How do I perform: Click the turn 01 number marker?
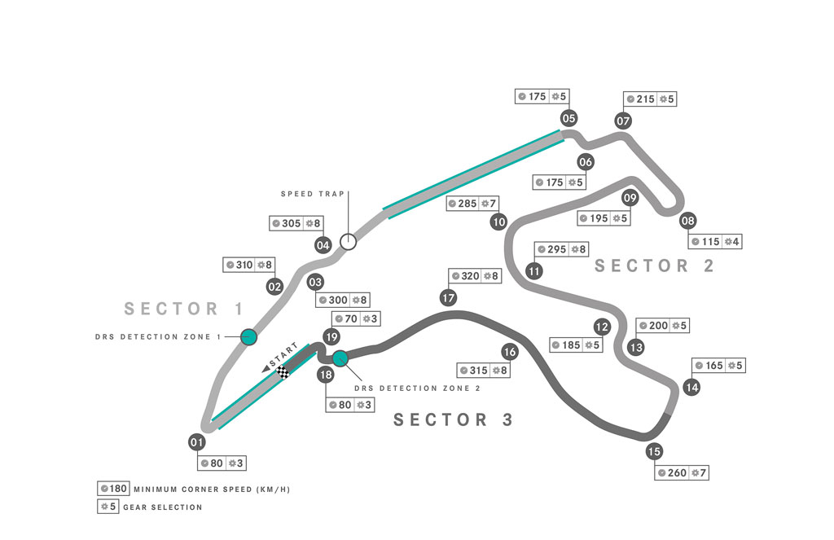point(197,442)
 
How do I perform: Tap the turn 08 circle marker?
point(687,221)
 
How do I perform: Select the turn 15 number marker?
point(654,452)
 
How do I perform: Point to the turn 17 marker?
point(449,298)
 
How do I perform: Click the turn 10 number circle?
point(498,222)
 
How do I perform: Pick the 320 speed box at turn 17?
point(475,276)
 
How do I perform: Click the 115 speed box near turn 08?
point(715,242)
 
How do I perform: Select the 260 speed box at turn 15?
point(682,472)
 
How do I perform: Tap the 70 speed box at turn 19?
point(356,318)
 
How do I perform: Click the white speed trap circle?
point(349,242)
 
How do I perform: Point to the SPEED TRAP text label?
point(313,194)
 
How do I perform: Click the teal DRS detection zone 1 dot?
point(249,336)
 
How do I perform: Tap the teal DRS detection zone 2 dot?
point(340,358)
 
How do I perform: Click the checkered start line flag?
point(283,372)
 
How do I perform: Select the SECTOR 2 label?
point(654,266)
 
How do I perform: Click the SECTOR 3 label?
point(453,419)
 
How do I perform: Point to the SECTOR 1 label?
point(184,309)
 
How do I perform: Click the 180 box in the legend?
point(113,489)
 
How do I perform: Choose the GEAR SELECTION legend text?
point(163,507)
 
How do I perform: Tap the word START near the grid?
point(284,355)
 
